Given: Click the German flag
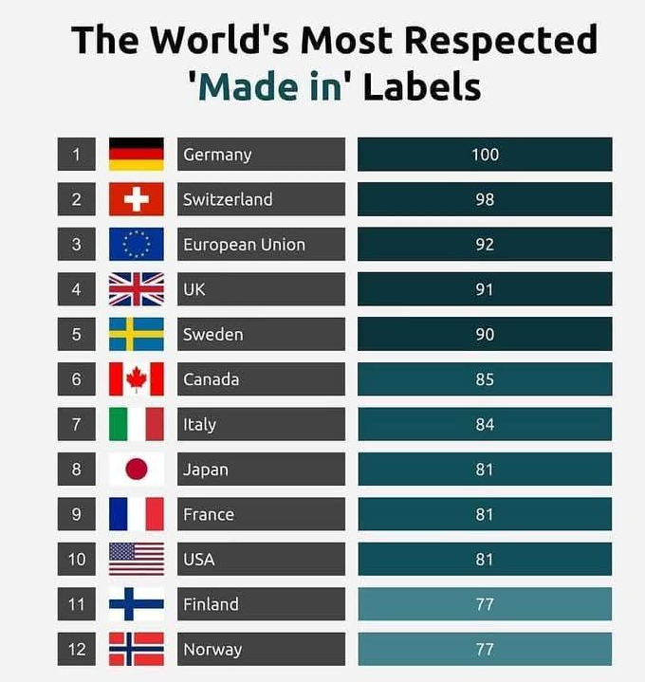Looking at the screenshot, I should pos(137,155).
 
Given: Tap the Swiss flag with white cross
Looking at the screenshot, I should pos(137,199).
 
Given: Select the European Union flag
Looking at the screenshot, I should pos(137,245).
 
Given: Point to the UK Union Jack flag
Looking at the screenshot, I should pos(137,289).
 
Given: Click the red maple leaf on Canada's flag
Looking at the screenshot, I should pos(137,379).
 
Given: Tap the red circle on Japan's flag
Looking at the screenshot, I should pos(137,470).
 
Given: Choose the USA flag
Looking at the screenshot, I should pos(137,560).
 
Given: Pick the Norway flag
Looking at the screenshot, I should pos(137,650).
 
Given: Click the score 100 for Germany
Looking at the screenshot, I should pos(485,155).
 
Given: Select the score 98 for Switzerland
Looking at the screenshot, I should pos(485,199).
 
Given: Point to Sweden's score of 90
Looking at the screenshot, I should pos(485,335).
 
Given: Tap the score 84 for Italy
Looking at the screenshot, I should pos(485,424).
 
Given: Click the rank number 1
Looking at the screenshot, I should pos(77,155).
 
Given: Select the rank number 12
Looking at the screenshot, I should pos(77,650).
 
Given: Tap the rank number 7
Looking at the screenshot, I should pos(77,424).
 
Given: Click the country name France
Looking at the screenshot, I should pos(209,514).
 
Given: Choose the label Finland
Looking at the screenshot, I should pos(211,604).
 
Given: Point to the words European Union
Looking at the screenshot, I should pos(244,245).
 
